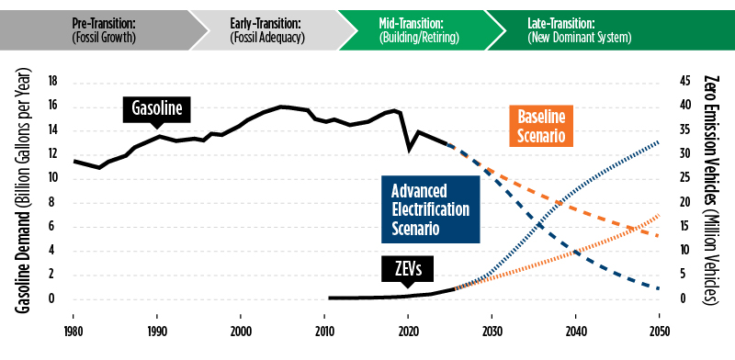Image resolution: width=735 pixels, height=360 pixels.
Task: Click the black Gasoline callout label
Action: pyautogui.click(x=156, y=110)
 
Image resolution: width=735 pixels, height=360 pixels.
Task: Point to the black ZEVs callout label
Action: pyautogui.click(x=408, y=268)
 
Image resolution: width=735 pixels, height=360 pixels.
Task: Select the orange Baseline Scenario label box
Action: pyautogui.click(x=540, y=126)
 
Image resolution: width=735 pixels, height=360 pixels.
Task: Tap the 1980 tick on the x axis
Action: pyautogui.click(x=73, y=331)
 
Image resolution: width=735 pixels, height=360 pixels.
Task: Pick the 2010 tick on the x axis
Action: pyautogui.click(x=324, y=331)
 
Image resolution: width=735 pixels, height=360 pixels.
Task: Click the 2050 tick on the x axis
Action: pyautogui.click(x=660, y=331)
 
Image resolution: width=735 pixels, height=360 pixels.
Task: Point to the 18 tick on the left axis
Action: pyautogui.click(x=52, y=82)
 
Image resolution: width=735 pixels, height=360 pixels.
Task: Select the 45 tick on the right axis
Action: pyautogui.click(x=684, y=82)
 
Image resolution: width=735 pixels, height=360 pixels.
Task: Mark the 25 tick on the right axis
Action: pyautogui.click(x=684, y=178)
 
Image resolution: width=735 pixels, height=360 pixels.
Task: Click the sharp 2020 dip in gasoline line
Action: pyautogui.click(x=410, y=148)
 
